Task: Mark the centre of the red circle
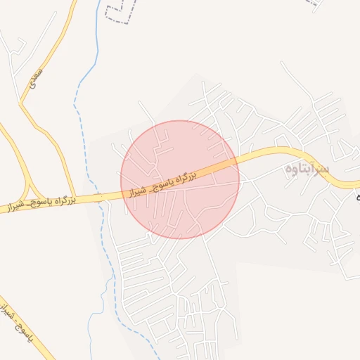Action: pyautogui.click(x=180, y=179)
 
